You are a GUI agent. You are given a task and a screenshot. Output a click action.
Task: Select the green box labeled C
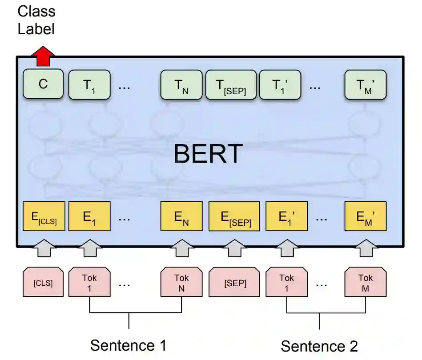[43, 84]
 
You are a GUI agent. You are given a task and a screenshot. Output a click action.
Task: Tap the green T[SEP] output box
[230, 84]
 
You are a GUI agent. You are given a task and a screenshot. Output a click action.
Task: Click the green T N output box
[181, 84]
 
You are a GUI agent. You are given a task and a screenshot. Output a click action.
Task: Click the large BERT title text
[208, 154]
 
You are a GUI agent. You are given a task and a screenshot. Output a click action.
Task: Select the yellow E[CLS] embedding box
[44, 216]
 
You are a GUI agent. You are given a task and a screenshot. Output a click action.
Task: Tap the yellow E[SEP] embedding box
[233, 216]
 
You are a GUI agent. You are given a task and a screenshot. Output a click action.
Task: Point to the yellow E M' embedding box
[366, 216]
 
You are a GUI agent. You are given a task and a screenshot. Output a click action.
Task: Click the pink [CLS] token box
[43, 282]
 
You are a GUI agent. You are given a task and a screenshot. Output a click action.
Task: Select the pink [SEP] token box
[235, 282]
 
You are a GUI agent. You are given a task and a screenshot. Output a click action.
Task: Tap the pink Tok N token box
[181, 282]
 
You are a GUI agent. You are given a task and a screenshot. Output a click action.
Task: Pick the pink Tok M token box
[366, 282]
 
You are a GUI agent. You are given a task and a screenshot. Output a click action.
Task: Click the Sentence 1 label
[129, 345]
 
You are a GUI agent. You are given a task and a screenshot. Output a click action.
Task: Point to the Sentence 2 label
[319, 346]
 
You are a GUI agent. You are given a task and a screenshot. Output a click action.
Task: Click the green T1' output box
[280, 84]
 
